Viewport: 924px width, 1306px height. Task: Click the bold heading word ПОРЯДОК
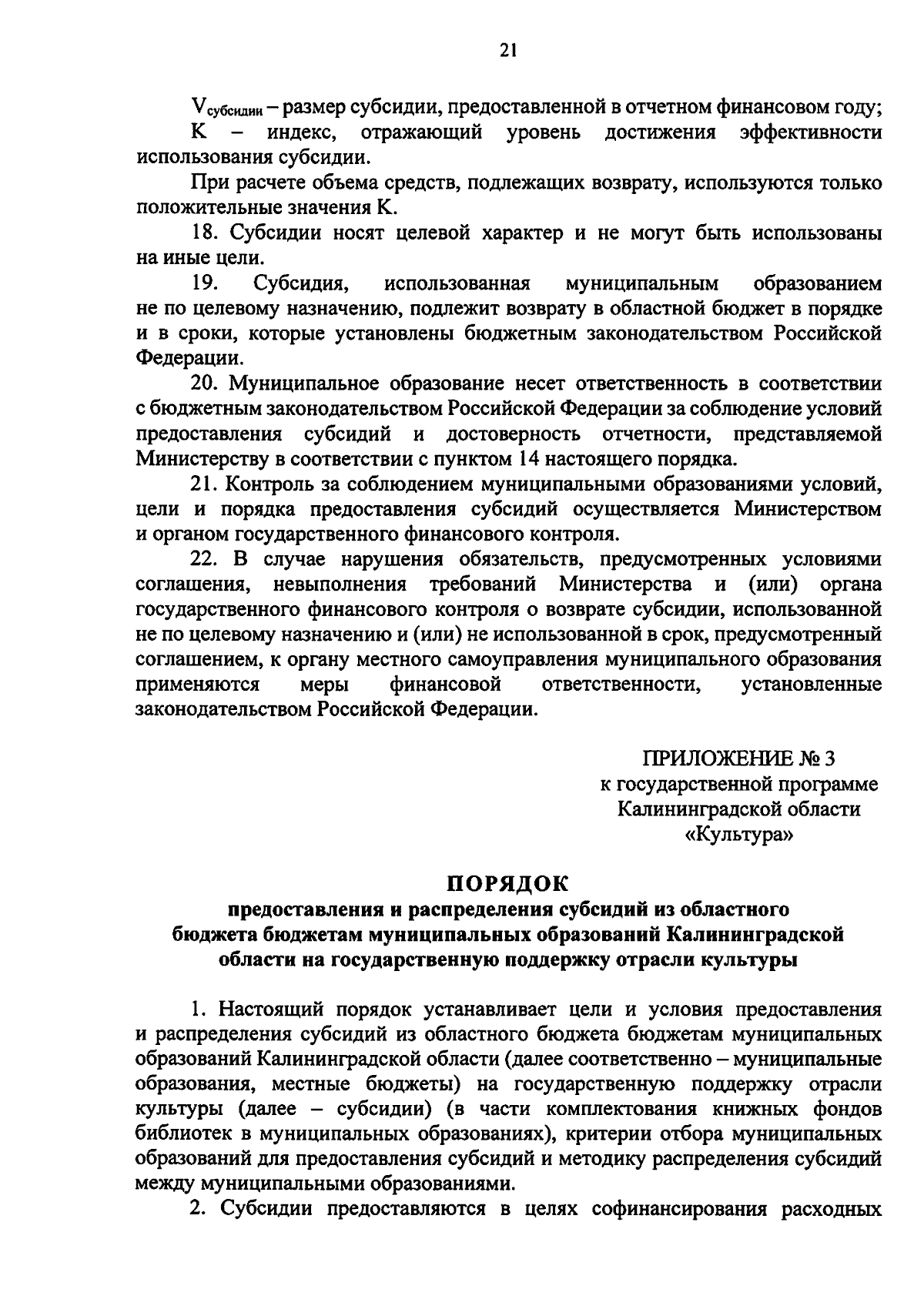pyautogui.click(x=507, y=882)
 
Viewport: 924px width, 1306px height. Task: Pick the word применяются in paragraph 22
pyautogui.click(x=197, y=684)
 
